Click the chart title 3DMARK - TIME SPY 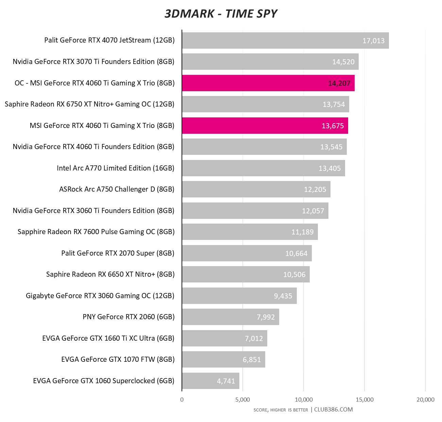(221, 14)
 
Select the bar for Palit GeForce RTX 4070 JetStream (272, 40)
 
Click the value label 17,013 (373, 41)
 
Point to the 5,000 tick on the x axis (242, 400)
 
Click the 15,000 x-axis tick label (364, 400)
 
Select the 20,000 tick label (425, 400)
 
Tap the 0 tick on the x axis (182, 400)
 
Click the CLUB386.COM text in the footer (333, 409)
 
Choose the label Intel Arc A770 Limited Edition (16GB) (116, 168)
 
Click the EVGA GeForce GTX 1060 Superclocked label (104, 381)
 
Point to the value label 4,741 (226, 381)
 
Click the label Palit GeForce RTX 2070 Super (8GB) (118, 253)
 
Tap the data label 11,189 (302, 232)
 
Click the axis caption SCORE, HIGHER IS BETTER (280, 410)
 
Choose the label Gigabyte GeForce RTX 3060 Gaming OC (100, 296)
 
